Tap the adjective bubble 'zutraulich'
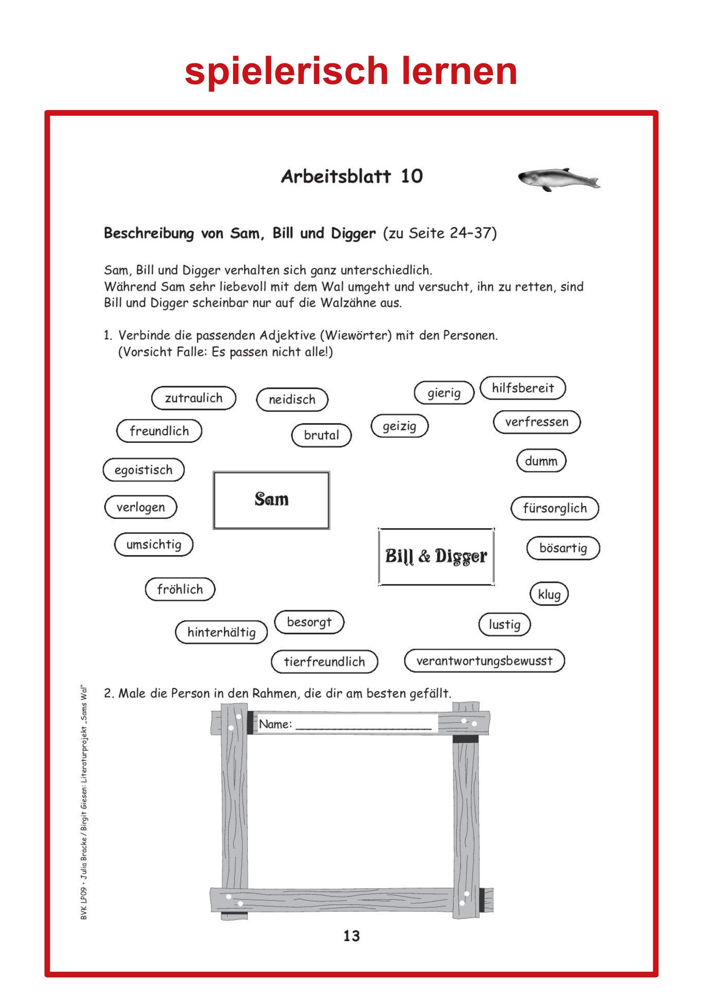pos(194,398)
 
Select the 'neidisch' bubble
pos(292,400)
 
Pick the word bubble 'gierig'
pos(444,393)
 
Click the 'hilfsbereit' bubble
pos(523,388)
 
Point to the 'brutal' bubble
pos(321,435)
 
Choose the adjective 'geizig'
pos(399,426)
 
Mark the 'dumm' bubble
pos(541,461)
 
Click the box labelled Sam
pos(272,500)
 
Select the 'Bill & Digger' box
pos(436,556)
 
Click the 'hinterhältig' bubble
pos(221,632)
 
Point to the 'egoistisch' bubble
pos(143,470)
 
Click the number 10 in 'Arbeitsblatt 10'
pos(412,176)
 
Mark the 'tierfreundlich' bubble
pos(324,661)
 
